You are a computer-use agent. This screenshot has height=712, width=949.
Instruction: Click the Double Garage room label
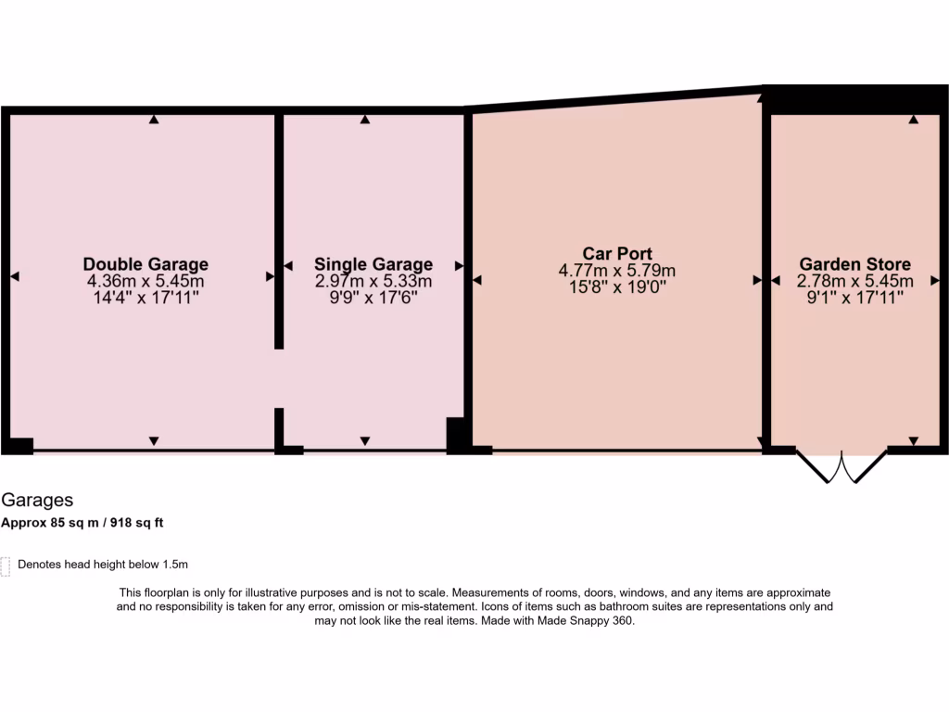pyautogui.click(x=146, y=264)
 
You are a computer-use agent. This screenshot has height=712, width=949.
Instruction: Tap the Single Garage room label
pyautogui.click(x=373, y=264)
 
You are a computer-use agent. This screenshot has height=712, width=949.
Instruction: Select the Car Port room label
pyautogui.click(x=616, y=253)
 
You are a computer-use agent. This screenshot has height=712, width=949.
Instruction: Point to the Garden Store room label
pyautogui.click(x=854, y=264)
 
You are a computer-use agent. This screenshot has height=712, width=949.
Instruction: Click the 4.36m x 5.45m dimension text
pyautogui.click(x=146, y=281)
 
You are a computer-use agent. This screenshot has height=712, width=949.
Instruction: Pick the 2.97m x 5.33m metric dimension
pyautogui.click(x=373, y=281)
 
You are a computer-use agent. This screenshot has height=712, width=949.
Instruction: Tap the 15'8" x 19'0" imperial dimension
pyautogui.click(x=616, y=287)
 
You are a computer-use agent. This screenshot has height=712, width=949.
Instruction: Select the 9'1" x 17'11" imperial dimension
pyautogui.click(x=854, y=298)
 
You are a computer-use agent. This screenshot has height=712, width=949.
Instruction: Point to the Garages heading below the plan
pyautogui.click(x=37, y=501)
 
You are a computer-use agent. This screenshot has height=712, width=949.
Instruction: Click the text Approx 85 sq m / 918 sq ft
pyautogui.click(x=82, y=522)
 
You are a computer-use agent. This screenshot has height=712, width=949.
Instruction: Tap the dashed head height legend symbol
pyautogui.click(x=6, y=566)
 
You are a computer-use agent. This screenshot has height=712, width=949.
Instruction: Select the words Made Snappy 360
pyautogui.click(x=593, y=622)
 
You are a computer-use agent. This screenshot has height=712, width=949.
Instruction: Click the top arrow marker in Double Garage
pyautogui.click(x=154, y=120)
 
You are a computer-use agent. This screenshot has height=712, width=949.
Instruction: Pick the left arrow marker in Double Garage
pyautogui.click(x=14, y=276)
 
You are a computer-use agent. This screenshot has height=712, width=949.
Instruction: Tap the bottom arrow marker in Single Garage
pyautogui.click(x=365, y=440)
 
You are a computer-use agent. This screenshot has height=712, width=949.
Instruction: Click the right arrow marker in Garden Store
pyautogui.click(x=933, y=279)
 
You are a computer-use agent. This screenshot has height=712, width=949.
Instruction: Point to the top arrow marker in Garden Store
pyautogui.click(x=914, y=120)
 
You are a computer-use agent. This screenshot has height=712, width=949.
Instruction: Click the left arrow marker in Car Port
pyautogui.click(x=477, y=279)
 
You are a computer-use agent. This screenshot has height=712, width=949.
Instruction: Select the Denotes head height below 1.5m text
pyautogui.click(x=103, y=564)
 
